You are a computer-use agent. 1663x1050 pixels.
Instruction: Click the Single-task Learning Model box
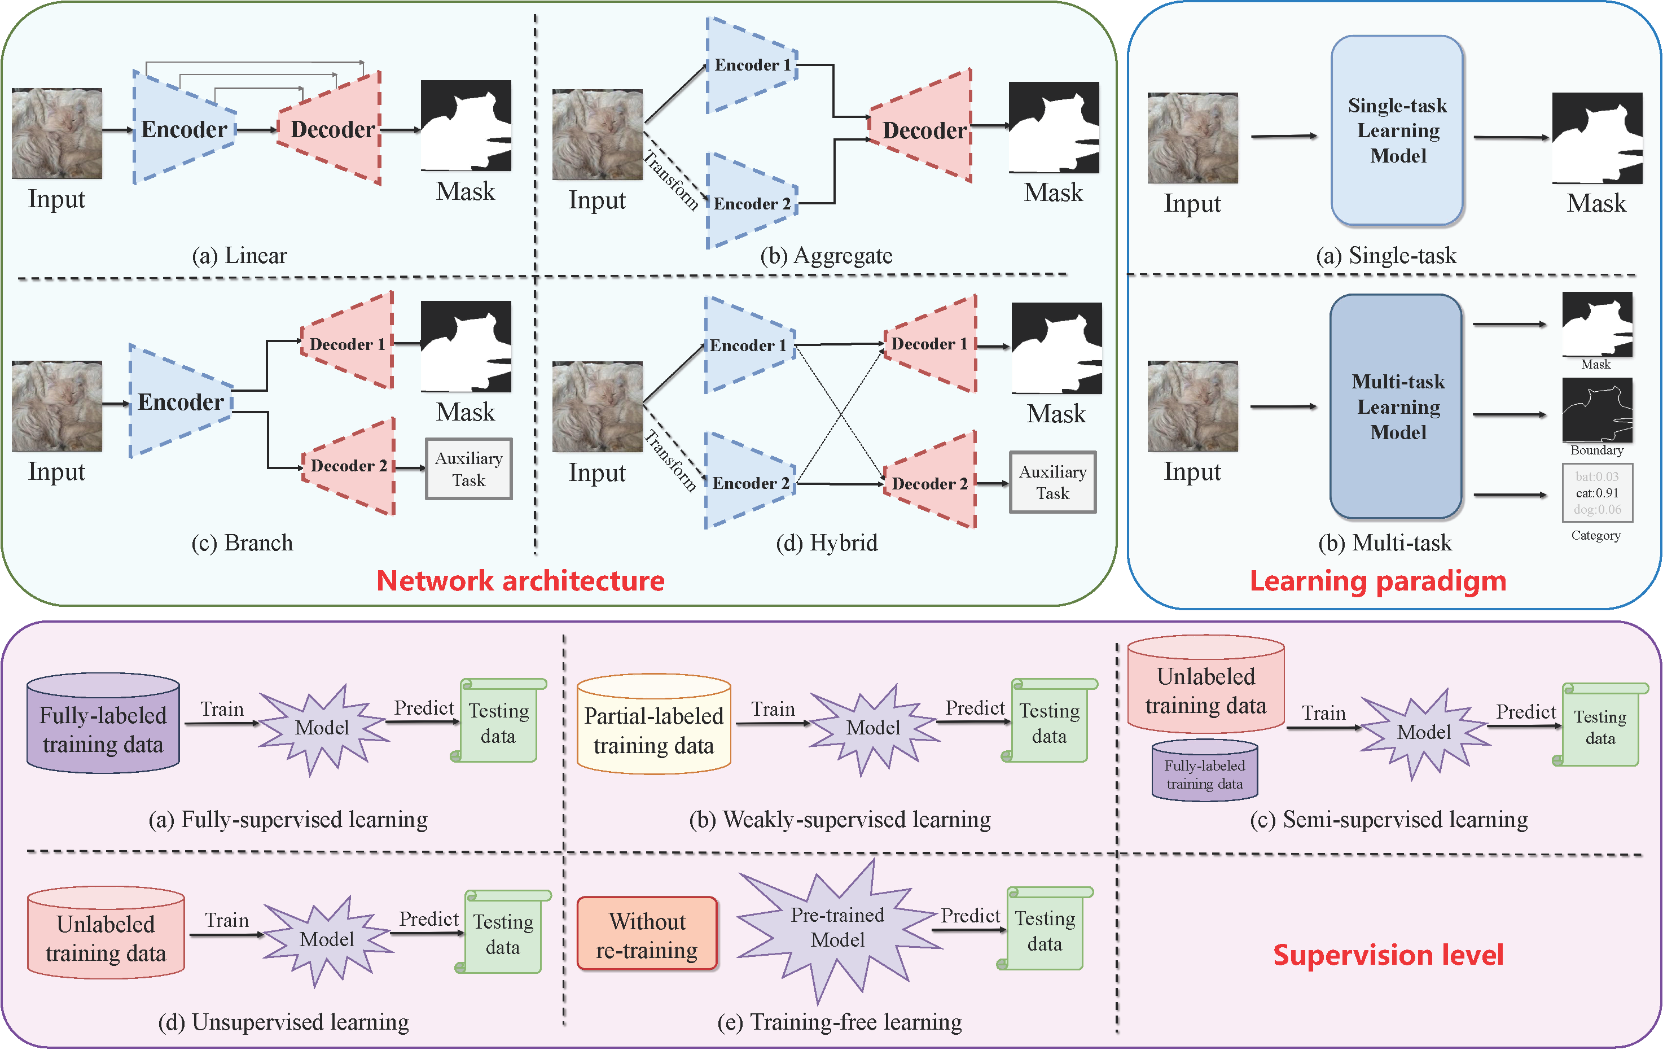tap(1397, 130)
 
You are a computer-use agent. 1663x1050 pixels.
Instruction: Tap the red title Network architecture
tap(520, 581)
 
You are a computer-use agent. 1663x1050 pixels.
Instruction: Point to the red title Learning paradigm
tap(1378, 581)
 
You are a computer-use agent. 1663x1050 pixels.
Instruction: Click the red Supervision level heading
tap(1388, 955)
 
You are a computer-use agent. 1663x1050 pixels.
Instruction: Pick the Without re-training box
tap(647, 935)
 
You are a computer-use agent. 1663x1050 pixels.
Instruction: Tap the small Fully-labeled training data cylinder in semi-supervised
tap(1204, 772)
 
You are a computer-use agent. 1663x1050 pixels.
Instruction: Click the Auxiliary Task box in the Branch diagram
tap(469, 469)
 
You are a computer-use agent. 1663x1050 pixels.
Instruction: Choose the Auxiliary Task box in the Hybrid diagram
tap(1052, 482)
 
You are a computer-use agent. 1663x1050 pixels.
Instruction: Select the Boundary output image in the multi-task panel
tap(1598, 410)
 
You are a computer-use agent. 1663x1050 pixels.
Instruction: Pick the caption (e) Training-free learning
tap(839, 1022)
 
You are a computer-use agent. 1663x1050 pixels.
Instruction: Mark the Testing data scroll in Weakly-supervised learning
tap(1049, 722)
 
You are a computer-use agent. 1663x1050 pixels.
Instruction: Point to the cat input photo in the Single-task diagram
tap(1193, 138)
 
